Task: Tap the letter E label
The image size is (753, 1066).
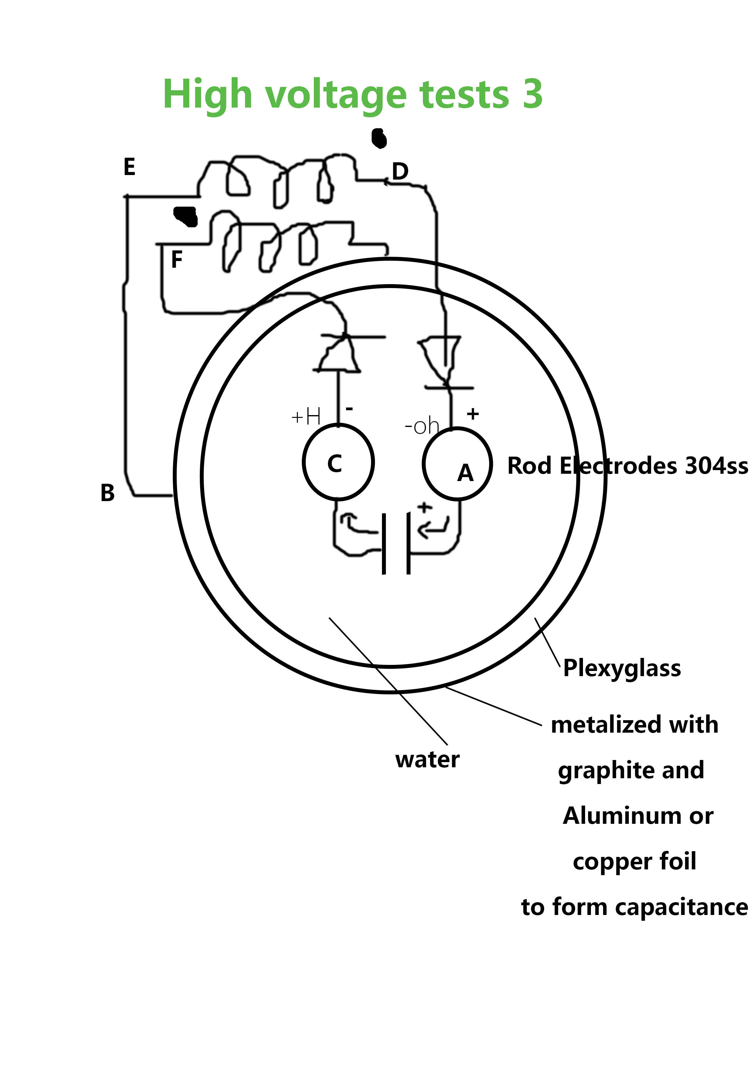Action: (x=129, y=167)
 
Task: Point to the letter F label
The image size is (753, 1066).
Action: (x=177, y=259)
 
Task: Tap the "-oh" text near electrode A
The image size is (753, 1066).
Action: (x=422, y=426)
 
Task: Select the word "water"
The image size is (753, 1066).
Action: (x=427, y=760)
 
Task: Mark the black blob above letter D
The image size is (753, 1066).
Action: (x=379, y=138)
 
